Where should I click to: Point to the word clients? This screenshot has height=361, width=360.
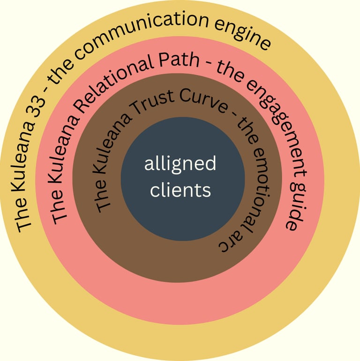pyautogui.click(x=180, y=191)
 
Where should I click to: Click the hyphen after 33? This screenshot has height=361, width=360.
pyautogui.click(x=47, y=88)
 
